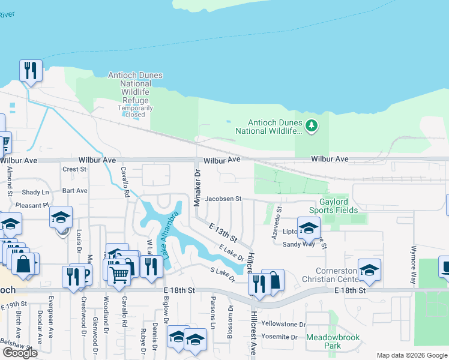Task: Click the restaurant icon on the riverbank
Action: tap(30, 70)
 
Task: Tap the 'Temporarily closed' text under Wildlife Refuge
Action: tap(135, 111)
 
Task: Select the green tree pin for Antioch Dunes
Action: tap(311, 125)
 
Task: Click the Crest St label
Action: tap(75, 169)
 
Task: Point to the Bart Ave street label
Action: tap(75, 191)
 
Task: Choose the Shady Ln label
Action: tap(35, 192)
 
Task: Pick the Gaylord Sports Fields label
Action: tap(334, 206)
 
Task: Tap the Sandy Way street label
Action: tap(298, 244)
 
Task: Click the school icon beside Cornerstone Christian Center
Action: tap(369, 269)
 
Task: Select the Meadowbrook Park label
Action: tap(333, 341)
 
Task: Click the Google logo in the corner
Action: tap(20, 353)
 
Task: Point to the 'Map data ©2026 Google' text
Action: tap(412, 355)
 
